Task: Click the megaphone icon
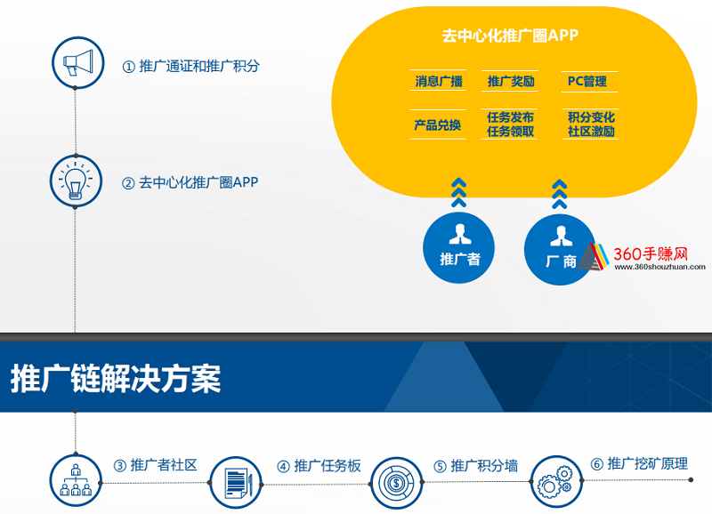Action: point(77,62)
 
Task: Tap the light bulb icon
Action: point(76,181)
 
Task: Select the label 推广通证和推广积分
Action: point(190,66)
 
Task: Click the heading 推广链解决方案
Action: point(116,378)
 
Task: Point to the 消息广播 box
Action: point(438,81)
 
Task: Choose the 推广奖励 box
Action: point(510,81)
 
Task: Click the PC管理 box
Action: point(589,82)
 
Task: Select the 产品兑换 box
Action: point(438,124)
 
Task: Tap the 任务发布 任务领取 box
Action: point(509,124)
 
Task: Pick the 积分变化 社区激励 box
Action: point(590,124)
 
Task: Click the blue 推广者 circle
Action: point(458,248)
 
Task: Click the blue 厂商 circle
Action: point(560,250)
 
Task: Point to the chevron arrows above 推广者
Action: point(458,193)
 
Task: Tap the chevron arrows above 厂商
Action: point(560,194)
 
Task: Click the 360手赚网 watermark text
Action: point(651,253)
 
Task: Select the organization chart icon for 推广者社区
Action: point(76,480)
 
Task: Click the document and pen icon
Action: point(236,483)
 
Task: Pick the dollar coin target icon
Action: point(396,483)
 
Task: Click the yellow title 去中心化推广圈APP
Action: point(510,36)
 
